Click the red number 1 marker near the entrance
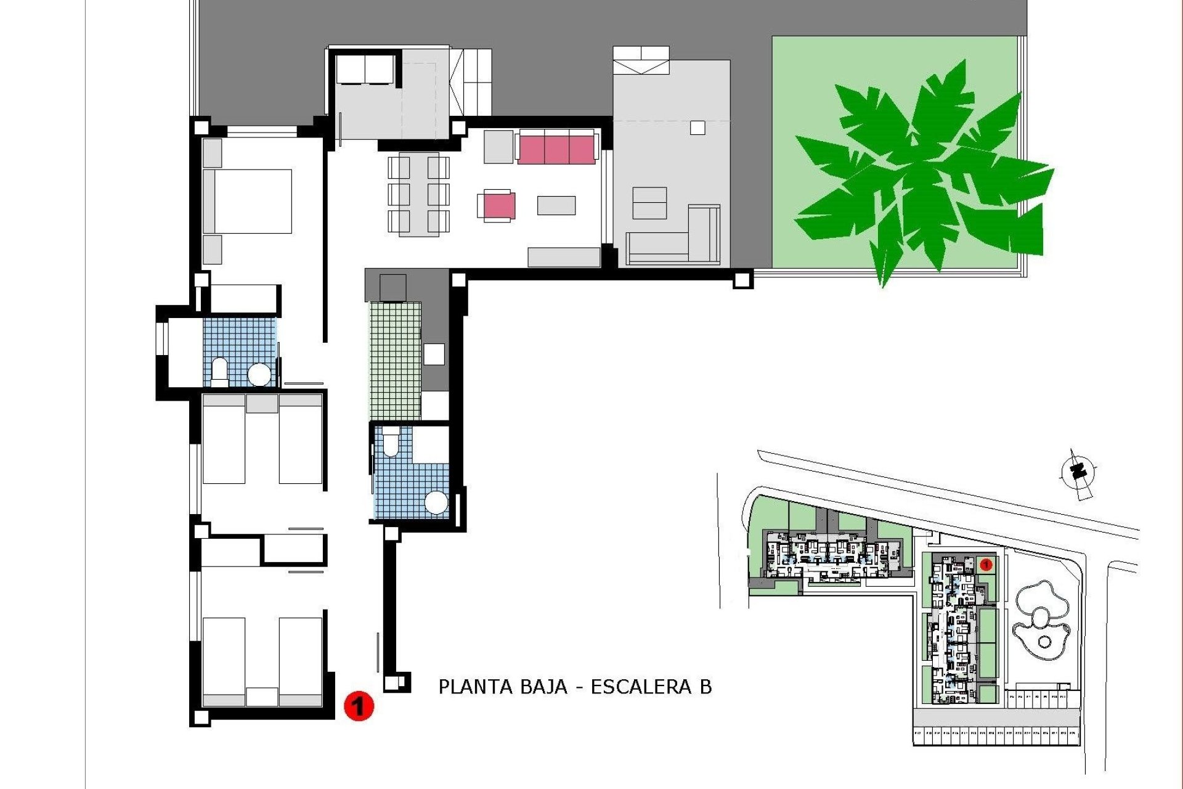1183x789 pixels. [359, 705]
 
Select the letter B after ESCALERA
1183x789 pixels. [705, 687]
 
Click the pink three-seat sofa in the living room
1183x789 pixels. [557, 149]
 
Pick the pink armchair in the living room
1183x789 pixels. [498, 206]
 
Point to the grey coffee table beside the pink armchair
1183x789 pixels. [556, 205]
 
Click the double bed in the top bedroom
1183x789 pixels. [248, 202]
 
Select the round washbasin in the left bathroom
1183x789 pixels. [259, 374]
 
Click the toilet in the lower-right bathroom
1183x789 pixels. [391, 444]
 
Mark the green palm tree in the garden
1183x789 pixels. [918, 173]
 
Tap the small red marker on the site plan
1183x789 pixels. [985, 564]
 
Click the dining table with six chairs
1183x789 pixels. [418, 194]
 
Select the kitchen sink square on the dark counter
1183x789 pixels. [434, 354]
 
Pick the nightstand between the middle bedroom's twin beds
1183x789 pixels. [262, 404]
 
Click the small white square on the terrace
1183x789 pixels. [697, 128]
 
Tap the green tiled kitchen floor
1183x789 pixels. [395, 361]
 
